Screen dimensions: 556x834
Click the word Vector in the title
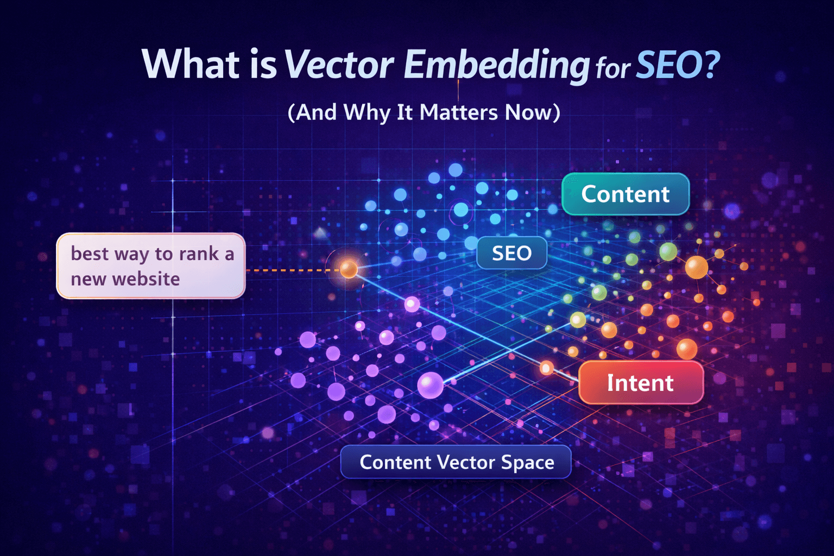coord(339,65)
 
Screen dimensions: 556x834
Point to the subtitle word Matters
coord(458,112)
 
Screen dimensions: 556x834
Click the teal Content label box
coord(625,194)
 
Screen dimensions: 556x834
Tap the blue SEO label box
coord(511,253)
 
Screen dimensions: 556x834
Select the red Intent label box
coord(641,383)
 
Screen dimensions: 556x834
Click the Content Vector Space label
coord(456,462)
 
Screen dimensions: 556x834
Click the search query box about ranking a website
coord(151,266)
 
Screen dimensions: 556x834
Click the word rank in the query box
coord(199,254)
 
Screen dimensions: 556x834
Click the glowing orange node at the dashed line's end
coord(348,268)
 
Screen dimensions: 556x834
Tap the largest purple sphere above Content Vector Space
coord(430,385)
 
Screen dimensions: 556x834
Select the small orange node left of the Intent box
coord(546,369)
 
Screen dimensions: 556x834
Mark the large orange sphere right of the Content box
coord(696,267)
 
